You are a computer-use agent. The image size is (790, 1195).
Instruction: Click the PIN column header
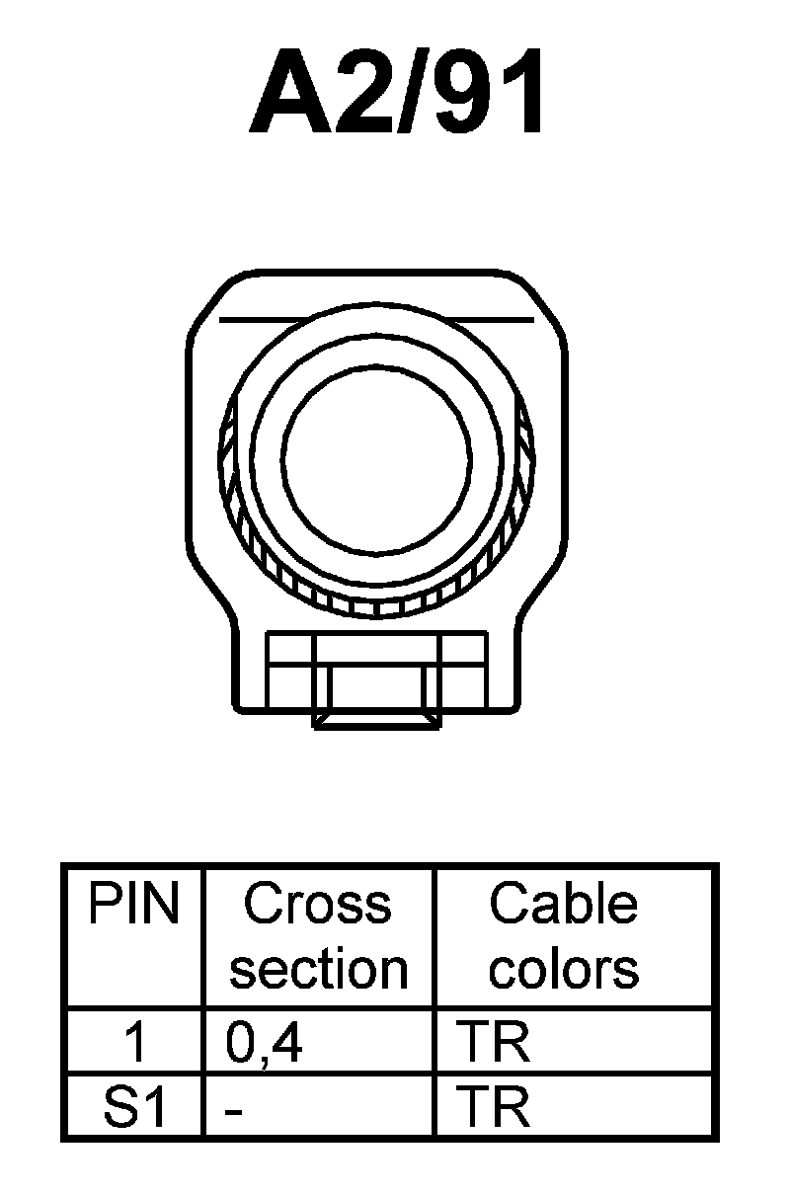tap(134, 904)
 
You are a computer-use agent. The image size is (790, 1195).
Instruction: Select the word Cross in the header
tap(317, 904)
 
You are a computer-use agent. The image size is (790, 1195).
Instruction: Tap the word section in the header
tap(318, 969)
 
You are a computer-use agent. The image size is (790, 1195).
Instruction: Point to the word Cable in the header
tap(564, 904)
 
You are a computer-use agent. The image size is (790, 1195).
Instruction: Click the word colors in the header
tap(564, 969)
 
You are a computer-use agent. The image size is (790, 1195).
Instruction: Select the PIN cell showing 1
tap(136, 1043)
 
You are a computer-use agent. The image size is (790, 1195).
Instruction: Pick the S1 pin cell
tap(134, 1108)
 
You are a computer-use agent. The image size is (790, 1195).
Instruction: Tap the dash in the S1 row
tap(233, 1110)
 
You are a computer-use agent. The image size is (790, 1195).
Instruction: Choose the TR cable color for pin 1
tap(495, 1043)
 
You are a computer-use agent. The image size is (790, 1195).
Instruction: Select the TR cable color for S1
tap(495, 1108)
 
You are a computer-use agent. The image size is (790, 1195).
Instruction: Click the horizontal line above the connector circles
tap(376, 320)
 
